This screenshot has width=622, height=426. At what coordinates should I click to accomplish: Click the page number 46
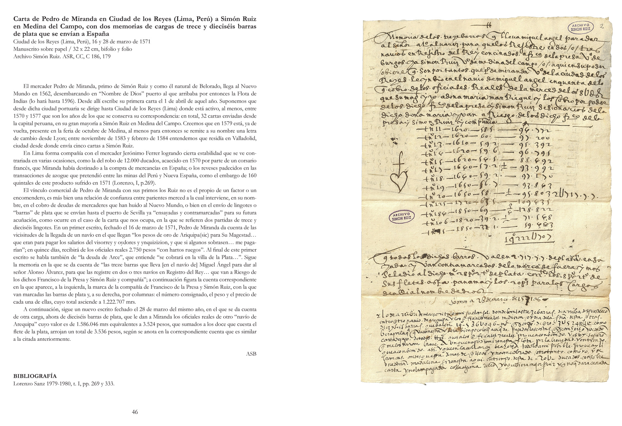click(x=135, y=412)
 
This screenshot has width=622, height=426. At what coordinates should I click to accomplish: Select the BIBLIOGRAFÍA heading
click(x=35, y=376)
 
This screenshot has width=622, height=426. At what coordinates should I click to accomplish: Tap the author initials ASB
click(x=251, y=354)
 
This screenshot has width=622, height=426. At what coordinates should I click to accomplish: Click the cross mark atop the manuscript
click(x=489, y=26)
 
